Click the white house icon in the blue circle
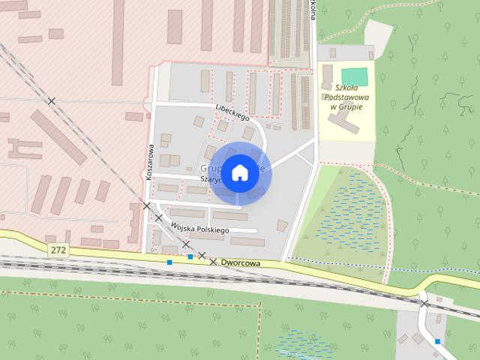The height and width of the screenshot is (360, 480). click(x=238, y=172)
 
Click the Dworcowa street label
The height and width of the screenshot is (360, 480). click(x=241, y=264)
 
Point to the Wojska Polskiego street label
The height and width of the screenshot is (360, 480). click(x=199, y=228)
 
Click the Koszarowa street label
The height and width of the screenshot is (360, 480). click(x=149, y=161)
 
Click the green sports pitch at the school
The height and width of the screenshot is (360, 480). click(x=355, y=76)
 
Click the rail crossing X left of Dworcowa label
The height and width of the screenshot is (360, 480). click(x=214, y=262)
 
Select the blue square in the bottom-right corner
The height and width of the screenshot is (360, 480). click(x=437, y=341)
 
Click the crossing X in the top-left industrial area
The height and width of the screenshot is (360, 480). click(x=52, y=100)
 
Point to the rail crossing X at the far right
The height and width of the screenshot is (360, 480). click(x=424, y=303)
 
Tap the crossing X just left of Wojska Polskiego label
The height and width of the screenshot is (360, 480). click(x=159, y=218)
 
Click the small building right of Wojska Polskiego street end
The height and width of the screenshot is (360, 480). click(x=281, y=225)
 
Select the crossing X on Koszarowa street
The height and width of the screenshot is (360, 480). click(x=147, y=205)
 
